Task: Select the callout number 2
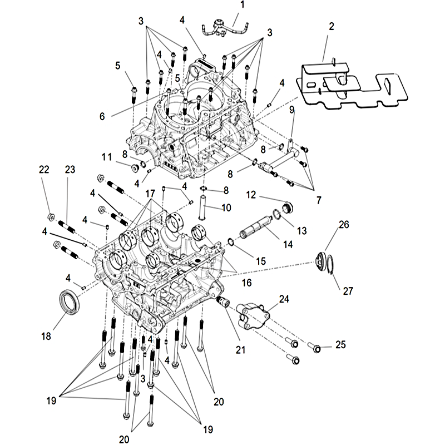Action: click(x=331, y=26)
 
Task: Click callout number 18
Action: click(x=46, y=336)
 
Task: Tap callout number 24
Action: click(x=284, y=299)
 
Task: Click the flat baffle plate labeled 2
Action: click(x=345, y=83)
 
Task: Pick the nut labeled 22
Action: click(x=50, y=216)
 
